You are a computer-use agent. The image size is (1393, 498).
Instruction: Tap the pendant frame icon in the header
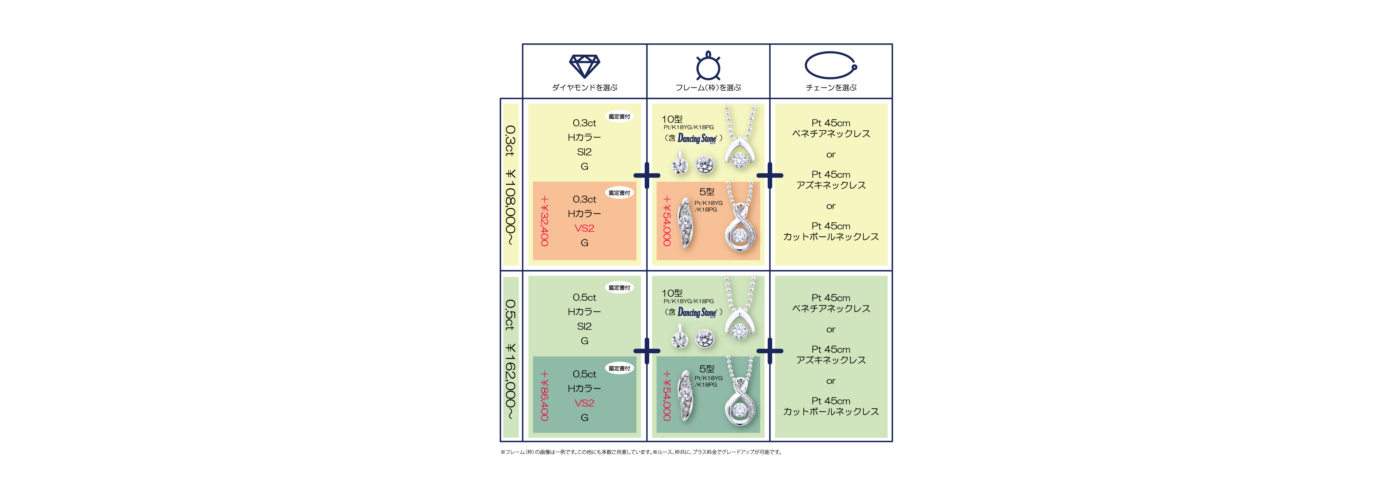(708, 66)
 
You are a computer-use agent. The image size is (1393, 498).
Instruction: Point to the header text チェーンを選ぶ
(831, 88)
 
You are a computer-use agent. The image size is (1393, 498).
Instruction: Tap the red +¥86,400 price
(545, 396)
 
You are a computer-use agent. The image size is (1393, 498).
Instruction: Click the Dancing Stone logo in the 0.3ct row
(697, 138)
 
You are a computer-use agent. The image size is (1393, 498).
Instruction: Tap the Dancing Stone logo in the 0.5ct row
(697, 312)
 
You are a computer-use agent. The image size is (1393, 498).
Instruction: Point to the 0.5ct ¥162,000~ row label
(510, 360)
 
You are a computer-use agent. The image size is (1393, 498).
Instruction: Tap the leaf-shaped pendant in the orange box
(686, 223)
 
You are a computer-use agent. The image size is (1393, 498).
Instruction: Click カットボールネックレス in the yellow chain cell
(831, 237)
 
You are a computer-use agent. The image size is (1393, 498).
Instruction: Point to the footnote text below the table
(641, 452)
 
